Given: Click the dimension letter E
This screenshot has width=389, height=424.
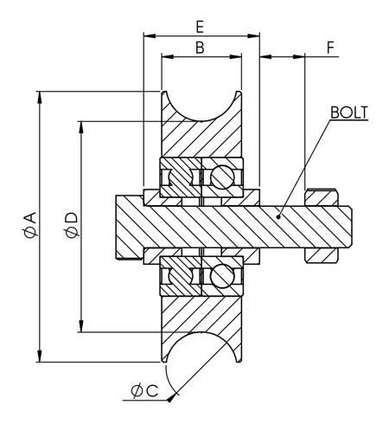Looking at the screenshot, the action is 200,27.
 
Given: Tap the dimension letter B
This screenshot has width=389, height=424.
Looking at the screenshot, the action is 200,48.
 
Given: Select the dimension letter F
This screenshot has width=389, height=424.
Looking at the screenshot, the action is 330,48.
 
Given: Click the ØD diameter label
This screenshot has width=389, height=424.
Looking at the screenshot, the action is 72,225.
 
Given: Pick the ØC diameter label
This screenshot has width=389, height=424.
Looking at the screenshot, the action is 144,391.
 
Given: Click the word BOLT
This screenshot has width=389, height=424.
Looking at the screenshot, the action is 349,112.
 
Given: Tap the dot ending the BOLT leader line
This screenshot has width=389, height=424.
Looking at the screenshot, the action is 278,216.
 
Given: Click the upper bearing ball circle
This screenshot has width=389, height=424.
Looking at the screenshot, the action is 222,177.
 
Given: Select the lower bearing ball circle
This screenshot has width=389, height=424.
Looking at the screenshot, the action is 222,276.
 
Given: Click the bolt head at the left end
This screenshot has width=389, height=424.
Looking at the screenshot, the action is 130,227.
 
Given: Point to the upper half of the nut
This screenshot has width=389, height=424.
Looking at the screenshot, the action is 322,197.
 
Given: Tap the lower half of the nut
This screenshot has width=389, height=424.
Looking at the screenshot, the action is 322,255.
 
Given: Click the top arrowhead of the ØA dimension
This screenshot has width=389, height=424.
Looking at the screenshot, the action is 40,97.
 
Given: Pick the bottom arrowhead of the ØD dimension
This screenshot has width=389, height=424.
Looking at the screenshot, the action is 81,326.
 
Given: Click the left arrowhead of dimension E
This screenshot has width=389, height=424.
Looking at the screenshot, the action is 150,36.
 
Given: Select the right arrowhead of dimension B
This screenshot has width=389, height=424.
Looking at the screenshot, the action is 235,57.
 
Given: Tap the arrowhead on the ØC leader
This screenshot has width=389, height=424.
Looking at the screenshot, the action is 172,398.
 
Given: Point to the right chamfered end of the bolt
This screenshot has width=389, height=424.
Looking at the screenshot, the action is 349,227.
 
